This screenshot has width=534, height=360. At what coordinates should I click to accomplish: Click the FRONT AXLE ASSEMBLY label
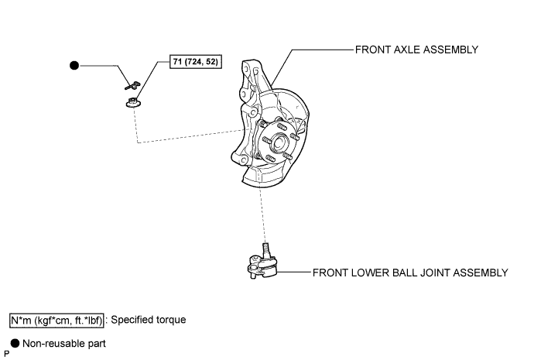tap(416, 50)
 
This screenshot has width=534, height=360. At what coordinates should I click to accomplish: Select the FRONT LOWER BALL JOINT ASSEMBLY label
tap(410, 273)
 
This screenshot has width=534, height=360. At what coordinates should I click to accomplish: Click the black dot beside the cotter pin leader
tap(74, 65)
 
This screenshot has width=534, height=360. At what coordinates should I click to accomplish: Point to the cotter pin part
tap(132, 85)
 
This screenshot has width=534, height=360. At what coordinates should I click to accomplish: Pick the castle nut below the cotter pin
tap(133, 102)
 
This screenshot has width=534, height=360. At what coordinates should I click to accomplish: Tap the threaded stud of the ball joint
tap(266, 250)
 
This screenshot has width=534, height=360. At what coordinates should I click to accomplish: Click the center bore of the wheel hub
tap(279, 143)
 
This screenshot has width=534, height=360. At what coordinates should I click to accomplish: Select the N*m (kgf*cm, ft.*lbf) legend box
tap(56, 321)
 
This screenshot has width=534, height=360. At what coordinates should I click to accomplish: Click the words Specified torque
tap(149, 320)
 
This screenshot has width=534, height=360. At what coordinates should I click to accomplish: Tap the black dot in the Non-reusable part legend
tap(15, 343)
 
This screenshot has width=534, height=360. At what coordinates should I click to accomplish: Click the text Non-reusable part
tap(64, 344)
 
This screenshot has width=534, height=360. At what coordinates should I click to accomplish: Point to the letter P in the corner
tap(6, 355)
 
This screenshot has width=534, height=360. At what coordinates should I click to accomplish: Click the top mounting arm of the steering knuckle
tap(252, 69)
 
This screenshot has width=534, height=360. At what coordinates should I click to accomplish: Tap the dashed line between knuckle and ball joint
tap(263, 215)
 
